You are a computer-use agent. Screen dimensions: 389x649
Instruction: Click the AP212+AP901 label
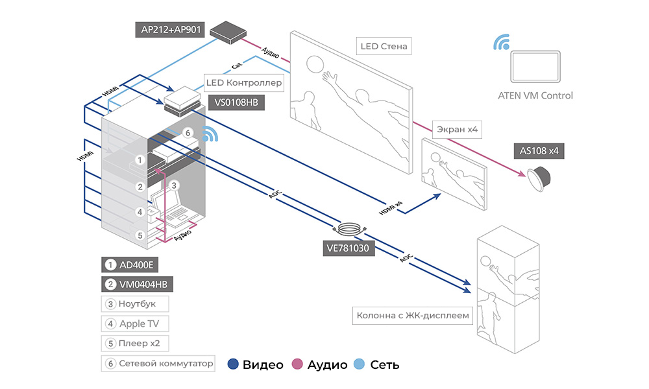click(171, 30)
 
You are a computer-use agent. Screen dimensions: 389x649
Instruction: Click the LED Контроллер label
click(244, 83)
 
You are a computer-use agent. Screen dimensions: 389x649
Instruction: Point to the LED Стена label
click(386, 47)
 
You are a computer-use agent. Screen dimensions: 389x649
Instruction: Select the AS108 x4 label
click(539, 150)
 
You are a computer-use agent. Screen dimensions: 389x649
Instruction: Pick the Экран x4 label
click(457, 130)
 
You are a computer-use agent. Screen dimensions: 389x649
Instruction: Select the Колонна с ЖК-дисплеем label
click(413, 316)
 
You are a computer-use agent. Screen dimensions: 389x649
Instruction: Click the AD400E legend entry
click(130, 265)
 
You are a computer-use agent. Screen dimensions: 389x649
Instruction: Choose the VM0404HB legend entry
click(138, 284)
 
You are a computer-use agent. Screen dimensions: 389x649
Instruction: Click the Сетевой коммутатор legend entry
click(158, 363)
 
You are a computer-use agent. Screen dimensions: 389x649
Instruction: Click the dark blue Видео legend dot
click(233, 364)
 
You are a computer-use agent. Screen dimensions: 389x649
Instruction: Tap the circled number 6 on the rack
click(188, 133)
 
